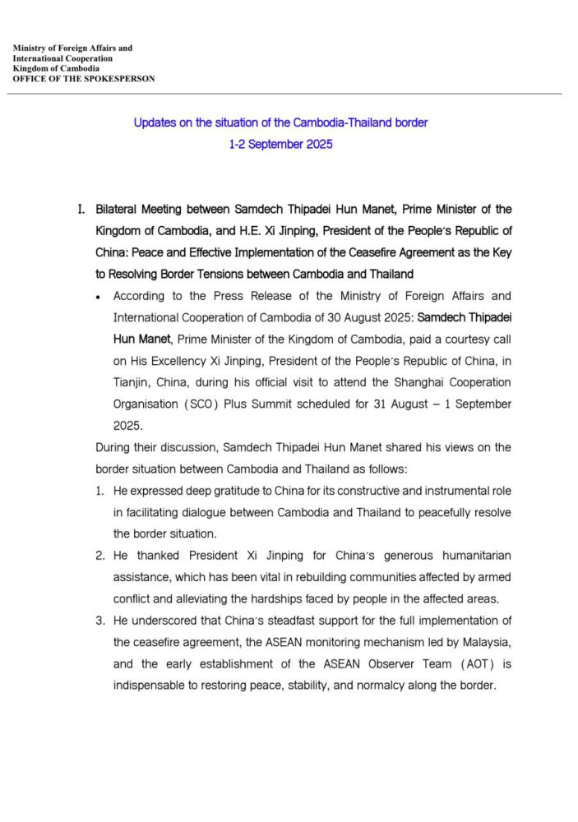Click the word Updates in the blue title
point(156,123)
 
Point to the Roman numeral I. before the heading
point(81,210)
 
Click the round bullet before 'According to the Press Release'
point(99,296)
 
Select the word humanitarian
point(461,556)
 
